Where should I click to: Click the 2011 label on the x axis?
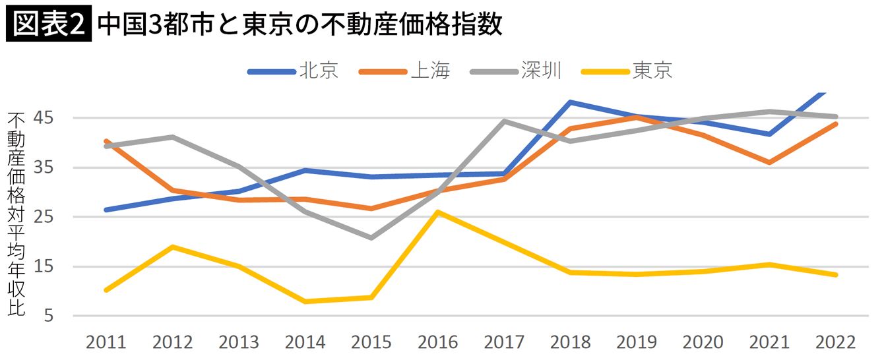(x=106, y=342)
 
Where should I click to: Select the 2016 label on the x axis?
(x=438, y=342)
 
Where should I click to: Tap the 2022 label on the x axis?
(x=836, y=342)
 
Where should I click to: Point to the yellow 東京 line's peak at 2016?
(x=438, y=212)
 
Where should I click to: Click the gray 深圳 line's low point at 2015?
(x=372, y=237)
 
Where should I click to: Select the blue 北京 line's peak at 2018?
(x=571, y=102)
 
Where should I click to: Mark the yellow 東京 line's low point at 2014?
(x=305, y=301)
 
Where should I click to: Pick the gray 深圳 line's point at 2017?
(x=505, y=121)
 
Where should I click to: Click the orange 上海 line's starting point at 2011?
(x=106, y=141)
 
